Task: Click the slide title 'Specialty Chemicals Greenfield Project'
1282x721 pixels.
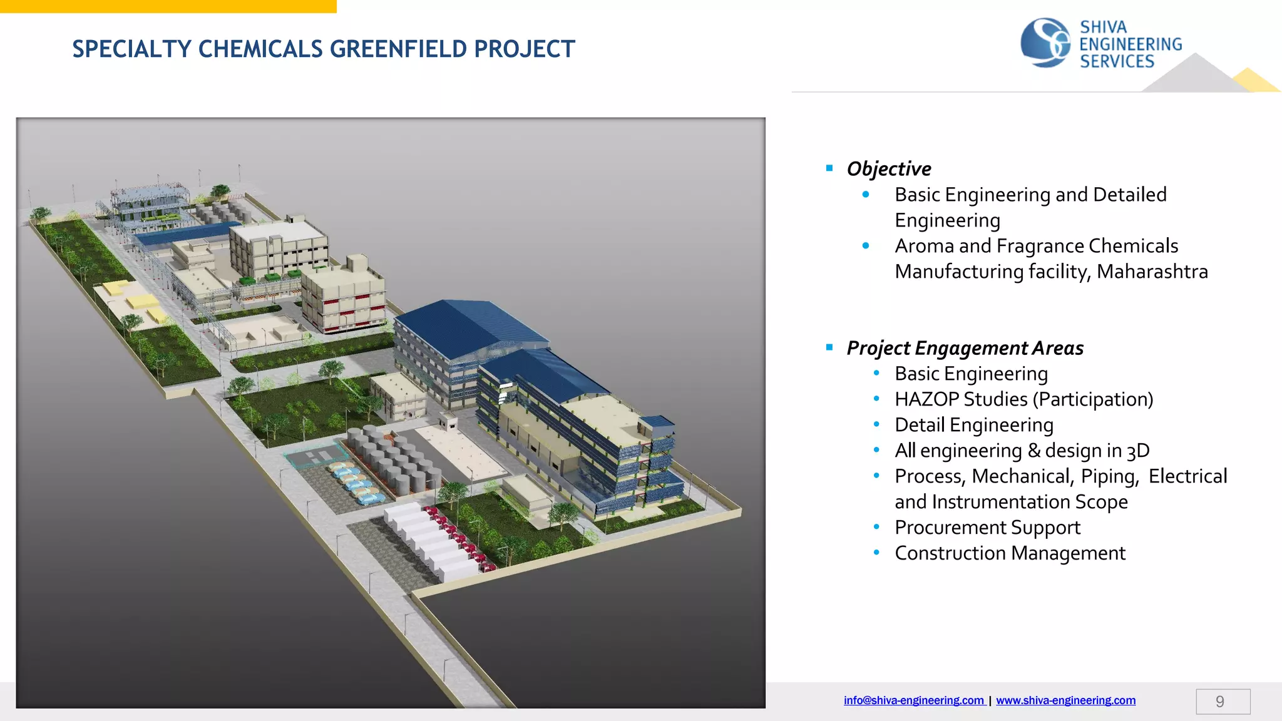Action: click(323, 49)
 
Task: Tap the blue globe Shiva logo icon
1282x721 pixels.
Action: click(1044, 43)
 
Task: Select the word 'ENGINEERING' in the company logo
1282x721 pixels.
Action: click(1131, 44)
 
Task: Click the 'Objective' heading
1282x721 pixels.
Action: click(888, 168)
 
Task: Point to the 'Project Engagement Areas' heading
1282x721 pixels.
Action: click(965, 348)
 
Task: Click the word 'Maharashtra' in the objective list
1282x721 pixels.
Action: click(1152, 272)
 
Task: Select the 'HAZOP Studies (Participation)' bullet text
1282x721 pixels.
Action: click(1023, 399)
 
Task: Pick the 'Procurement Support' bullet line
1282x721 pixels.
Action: click(987, 528)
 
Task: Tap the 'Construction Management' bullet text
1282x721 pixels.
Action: click(1010, 553)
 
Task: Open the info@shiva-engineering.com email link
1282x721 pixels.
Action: click(913, 700)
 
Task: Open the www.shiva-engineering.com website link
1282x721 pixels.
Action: click(1065, 700)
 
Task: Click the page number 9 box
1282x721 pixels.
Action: click(1223, 702)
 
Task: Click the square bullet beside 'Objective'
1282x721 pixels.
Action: click(829, 168)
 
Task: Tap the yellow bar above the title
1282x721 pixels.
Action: click(168, 6)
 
